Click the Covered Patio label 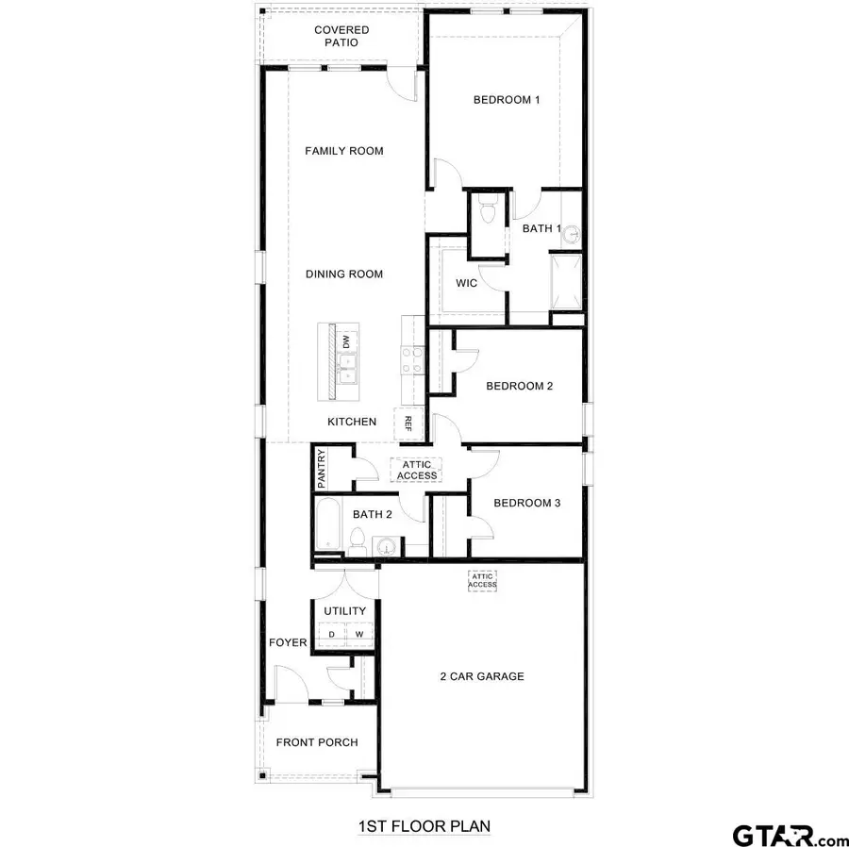[341, 37]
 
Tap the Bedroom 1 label [506, 101]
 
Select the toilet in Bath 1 [486, 211]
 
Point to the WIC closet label [466, 283]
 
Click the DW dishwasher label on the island [346, 341]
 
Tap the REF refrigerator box [408, 423]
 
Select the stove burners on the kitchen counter [413, 358]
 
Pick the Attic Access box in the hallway [417, 470]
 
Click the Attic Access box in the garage [482, 580]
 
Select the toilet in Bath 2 [357, 540]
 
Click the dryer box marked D [331, 635]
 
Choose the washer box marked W [358, 635]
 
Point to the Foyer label [288, 643]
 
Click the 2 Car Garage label [481, 676]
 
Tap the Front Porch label [317, 742]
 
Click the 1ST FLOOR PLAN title [424, 826]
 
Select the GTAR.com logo [791, 834]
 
